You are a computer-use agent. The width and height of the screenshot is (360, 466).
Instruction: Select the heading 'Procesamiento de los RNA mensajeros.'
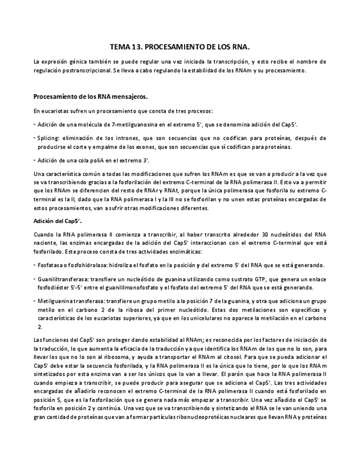click(x=90, y=96)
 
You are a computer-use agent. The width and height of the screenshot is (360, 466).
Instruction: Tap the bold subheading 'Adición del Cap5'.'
click(x=58, y=221)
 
